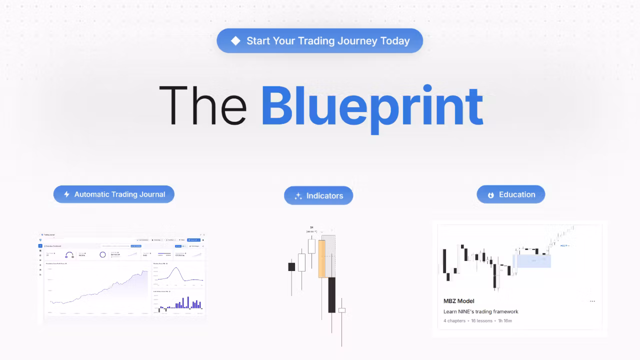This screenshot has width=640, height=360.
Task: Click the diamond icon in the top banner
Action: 235,41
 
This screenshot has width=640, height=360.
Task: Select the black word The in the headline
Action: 202,105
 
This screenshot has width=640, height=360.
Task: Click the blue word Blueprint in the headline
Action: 372,105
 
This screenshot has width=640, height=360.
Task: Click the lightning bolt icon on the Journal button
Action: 66,194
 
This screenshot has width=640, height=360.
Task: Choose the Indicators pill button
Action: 318,195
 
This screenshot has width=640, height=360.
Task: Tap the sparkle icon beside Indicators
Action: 298,196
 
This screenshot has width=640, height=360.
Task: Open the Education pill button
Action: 510,194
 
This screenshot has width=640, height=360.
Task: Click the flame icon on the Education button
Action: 491,195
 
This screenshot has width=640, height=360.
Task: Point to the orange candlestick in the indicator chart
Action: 321,258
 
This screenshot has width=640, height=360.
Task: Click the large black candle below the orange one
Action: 331,295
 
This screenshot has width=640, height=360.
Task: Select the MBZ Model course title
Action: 458,301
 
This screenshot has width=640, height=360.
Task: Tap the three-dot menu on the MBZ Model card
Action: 592,301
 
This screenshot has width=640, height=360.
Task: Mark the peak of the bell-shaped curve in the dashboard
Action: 175,268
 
